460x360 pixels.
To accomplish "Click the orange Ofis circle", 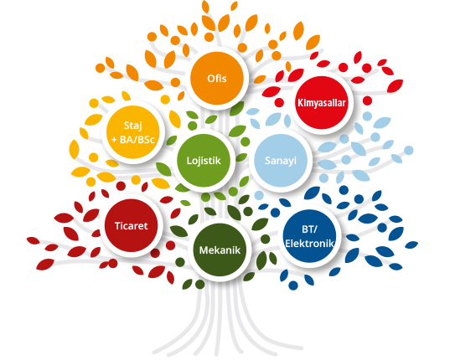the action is [217, 78].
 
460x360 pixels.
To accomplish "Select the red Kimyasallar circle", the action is [321, 103].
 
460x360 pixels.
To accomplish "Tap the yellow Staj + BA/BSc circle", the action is [133, 132].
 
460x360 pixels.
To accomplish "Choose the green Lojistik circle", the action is [204, 161].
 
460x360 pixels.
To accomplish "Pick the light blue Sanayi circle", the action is [281, 161].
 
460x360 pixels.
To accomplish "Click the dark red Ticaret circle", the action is [132, 225].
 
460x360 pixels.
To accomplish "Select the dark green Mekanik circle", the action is [220, 249].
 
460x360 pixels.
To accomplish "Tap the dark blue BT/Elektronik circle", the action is [309, 236].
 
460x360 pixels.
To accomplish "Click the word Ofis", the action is [217, 79].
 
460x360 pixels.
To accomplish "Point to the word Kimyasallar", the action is [322, 103].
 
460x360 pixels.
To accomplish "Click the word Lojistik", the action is [204, 161].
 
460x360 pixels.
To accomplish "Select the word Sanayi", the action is [281, 161].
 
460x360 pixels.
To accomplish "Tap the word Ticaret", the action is [132, 226].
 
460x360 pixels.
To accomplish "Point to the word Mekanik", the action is [220, 250].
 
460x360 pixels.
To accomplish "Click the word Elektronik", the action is [309, 244].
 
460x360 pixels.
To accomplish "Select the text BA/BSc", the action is [137, 140].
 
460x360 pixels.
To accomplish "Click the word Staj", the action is [133, 126].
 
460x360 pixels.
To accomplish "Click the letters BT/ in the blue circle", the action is [309, 229].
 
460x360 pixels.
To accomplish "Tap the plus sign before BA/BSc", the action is [114, 140].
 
